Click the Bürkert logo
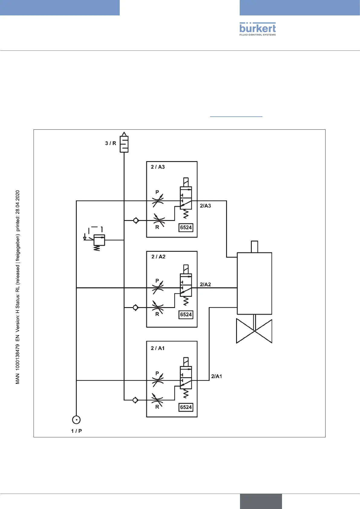pyautogui.click(x=258, y=29)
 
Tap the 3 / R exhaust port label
pyautogui.click(x=111, y=143)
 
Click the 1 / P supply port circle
pyautogui.click(x=76, y=420)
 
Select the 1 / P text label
pyautogui.click(x=76, y=431)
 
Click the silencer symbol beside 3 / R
pyautogui.click(x=124, y=144)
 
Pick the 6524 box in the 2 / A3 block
pyautogui.click(x=186, y=228)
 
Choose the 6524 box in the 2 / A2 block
pyautogui.click(x=186, y=315)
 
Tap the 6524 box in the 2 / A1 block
pyautogui.click(x=186, y=407)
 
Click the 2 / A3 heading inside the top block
pyautogui.click(x=158, y=167)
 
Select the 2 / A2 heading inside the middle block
pyautogui.click(x=158, y=257)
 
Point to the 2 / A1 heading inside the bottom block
pyautogui.click(x=158, y=348)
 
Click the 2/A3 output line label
pyautogui.click(x=206, y=206)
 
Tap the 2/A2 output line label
pyautogui.click(x=206, y=284)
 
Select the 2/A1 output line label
pyautogui.click(x=216, y=376)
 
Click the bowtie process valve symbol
pyautogui.click(x=254, y=331)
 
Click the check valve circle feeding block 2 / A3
pyautogui.click(x=136, y=221)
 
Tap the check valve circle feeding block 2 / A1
pyautogui.click(x=135, y=400)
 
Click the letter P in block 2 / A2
pyautogui.click(x=157, y=281)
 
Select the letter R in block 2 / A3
pyautogui.click(x=157, y=227)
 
